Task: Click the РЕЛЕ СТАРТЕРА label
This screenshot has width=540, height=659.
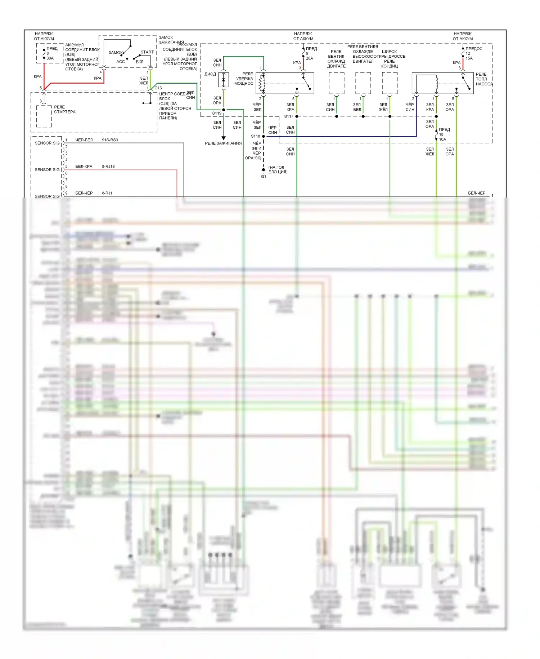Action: click(65, 110)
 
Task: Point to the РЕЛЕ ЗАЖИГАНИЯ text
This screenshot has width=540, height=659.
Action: click(223, 143)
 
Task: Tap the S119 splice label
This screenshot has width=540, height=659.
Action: click(217, 113)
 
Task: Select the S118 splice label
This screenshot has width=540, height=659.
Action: click(255, 136)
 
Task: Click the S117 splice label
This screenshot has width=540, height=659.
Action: click(289, 116)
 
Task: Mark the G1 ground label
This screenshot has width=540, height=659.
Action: click(264, 177)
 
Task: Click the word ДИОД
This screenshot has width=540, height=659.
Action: click(210, 74)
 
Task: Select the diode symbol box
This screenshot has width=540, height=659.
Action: click(224, 80)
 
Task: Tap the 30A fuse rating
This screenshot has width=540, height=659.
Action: click(50, 58)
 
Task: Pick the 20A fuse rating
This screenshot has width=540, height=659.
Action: click(310, 58)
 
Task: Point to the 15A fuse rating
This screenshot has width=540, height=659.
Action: click(469, 58)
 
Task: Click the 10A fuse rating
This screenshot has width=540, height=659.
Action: click(442, 139)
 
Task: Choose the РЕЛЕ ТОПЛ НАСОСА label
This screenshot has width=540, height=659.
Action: click(484, 79)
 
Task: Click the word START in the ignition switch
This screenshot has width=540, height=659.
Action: click(147, 52)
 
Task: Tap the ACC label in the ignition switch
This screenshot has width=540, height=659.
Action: click(121, 62)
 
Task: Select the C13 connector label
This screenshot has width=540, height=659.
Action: click(158, 88)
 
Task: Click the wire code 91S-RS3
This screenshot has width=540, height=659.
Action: click(110, 140)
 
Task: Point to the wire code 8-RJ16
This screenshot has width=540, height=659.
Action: click(108, 167)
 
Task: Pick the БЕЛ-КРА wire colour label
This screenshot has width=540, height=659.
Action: click(84, 167)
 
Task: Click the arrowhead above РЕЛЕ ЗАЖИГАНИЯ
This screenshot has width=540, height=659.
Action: click(224, 138)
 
